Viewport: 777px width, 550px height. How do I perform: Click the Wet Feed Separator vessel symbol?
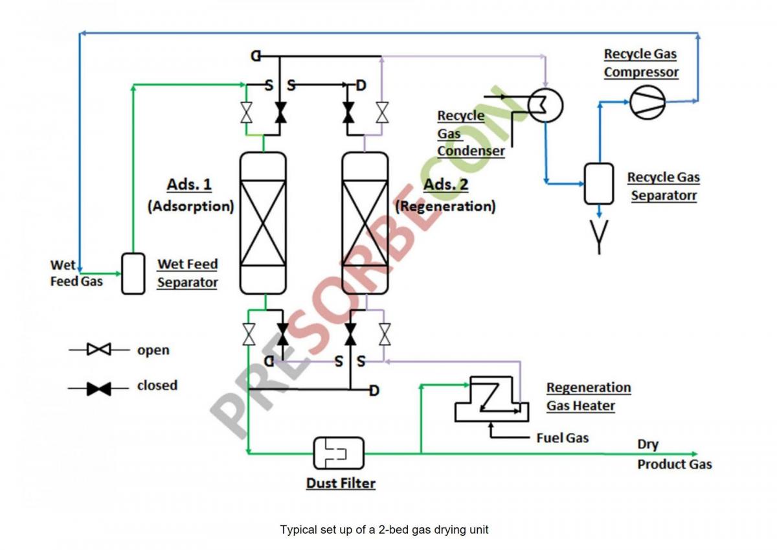point(133,273)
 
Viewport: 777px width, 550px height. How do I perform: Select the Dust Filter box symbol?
point(339,453)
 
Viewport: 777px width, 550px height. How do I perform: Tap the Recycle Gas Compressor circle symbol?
point(647,103)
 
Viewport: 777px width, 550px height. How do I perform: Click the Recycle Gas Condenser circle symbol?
point(545,104)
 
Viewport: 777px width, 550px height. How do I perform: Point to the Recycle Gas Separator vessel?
point(599,183)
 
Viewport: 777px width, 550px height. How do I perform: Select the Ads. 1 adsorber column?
point(263,223)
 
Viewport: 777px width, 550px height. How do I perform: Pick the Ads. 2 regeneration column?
point(365,223)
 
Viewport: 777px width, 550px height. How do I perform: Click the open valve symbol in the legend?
point(99,350)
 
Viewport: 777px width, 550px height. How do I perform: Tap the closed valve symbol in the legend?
point(99,389)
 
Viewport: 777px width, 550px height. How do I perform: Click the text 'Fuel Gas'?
point(563,438)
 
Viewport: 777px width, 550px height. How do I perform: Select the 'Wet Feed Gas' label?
point(76,273)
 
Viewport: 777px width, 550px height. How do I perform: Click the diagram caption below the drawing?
point(384,529)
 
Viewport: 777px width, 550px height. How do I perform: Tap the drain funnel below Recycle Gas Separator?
point(599,242)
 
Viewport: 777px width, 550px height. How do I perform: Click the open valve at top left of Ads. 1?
point(247,112)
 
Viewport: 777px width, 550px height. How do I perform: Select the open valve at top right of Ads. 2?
point(382,112)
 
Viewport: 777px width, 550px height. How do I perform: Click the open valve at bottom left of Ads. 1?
point(248,334)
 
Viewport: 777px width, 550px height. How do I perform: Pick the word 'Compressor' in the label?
point(641,71)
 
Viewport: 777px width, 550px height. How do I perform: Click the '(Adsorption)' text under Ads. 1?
point(190,206)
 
